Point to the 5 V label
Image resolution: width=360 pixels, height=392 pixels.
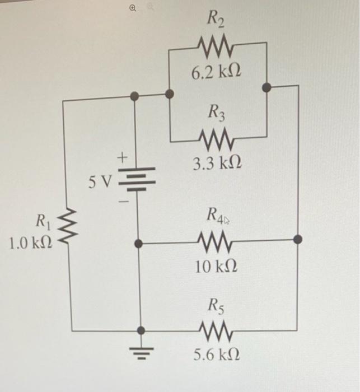101,181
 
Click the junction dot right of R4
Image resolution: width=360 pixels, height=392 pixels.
298,240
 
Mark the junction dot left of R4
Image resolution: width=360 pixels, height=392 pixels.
140,244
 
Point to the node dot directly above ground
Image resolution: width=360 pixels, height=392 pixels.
140,330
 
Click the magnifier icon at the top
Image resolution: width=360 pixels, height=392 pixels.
132,7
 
